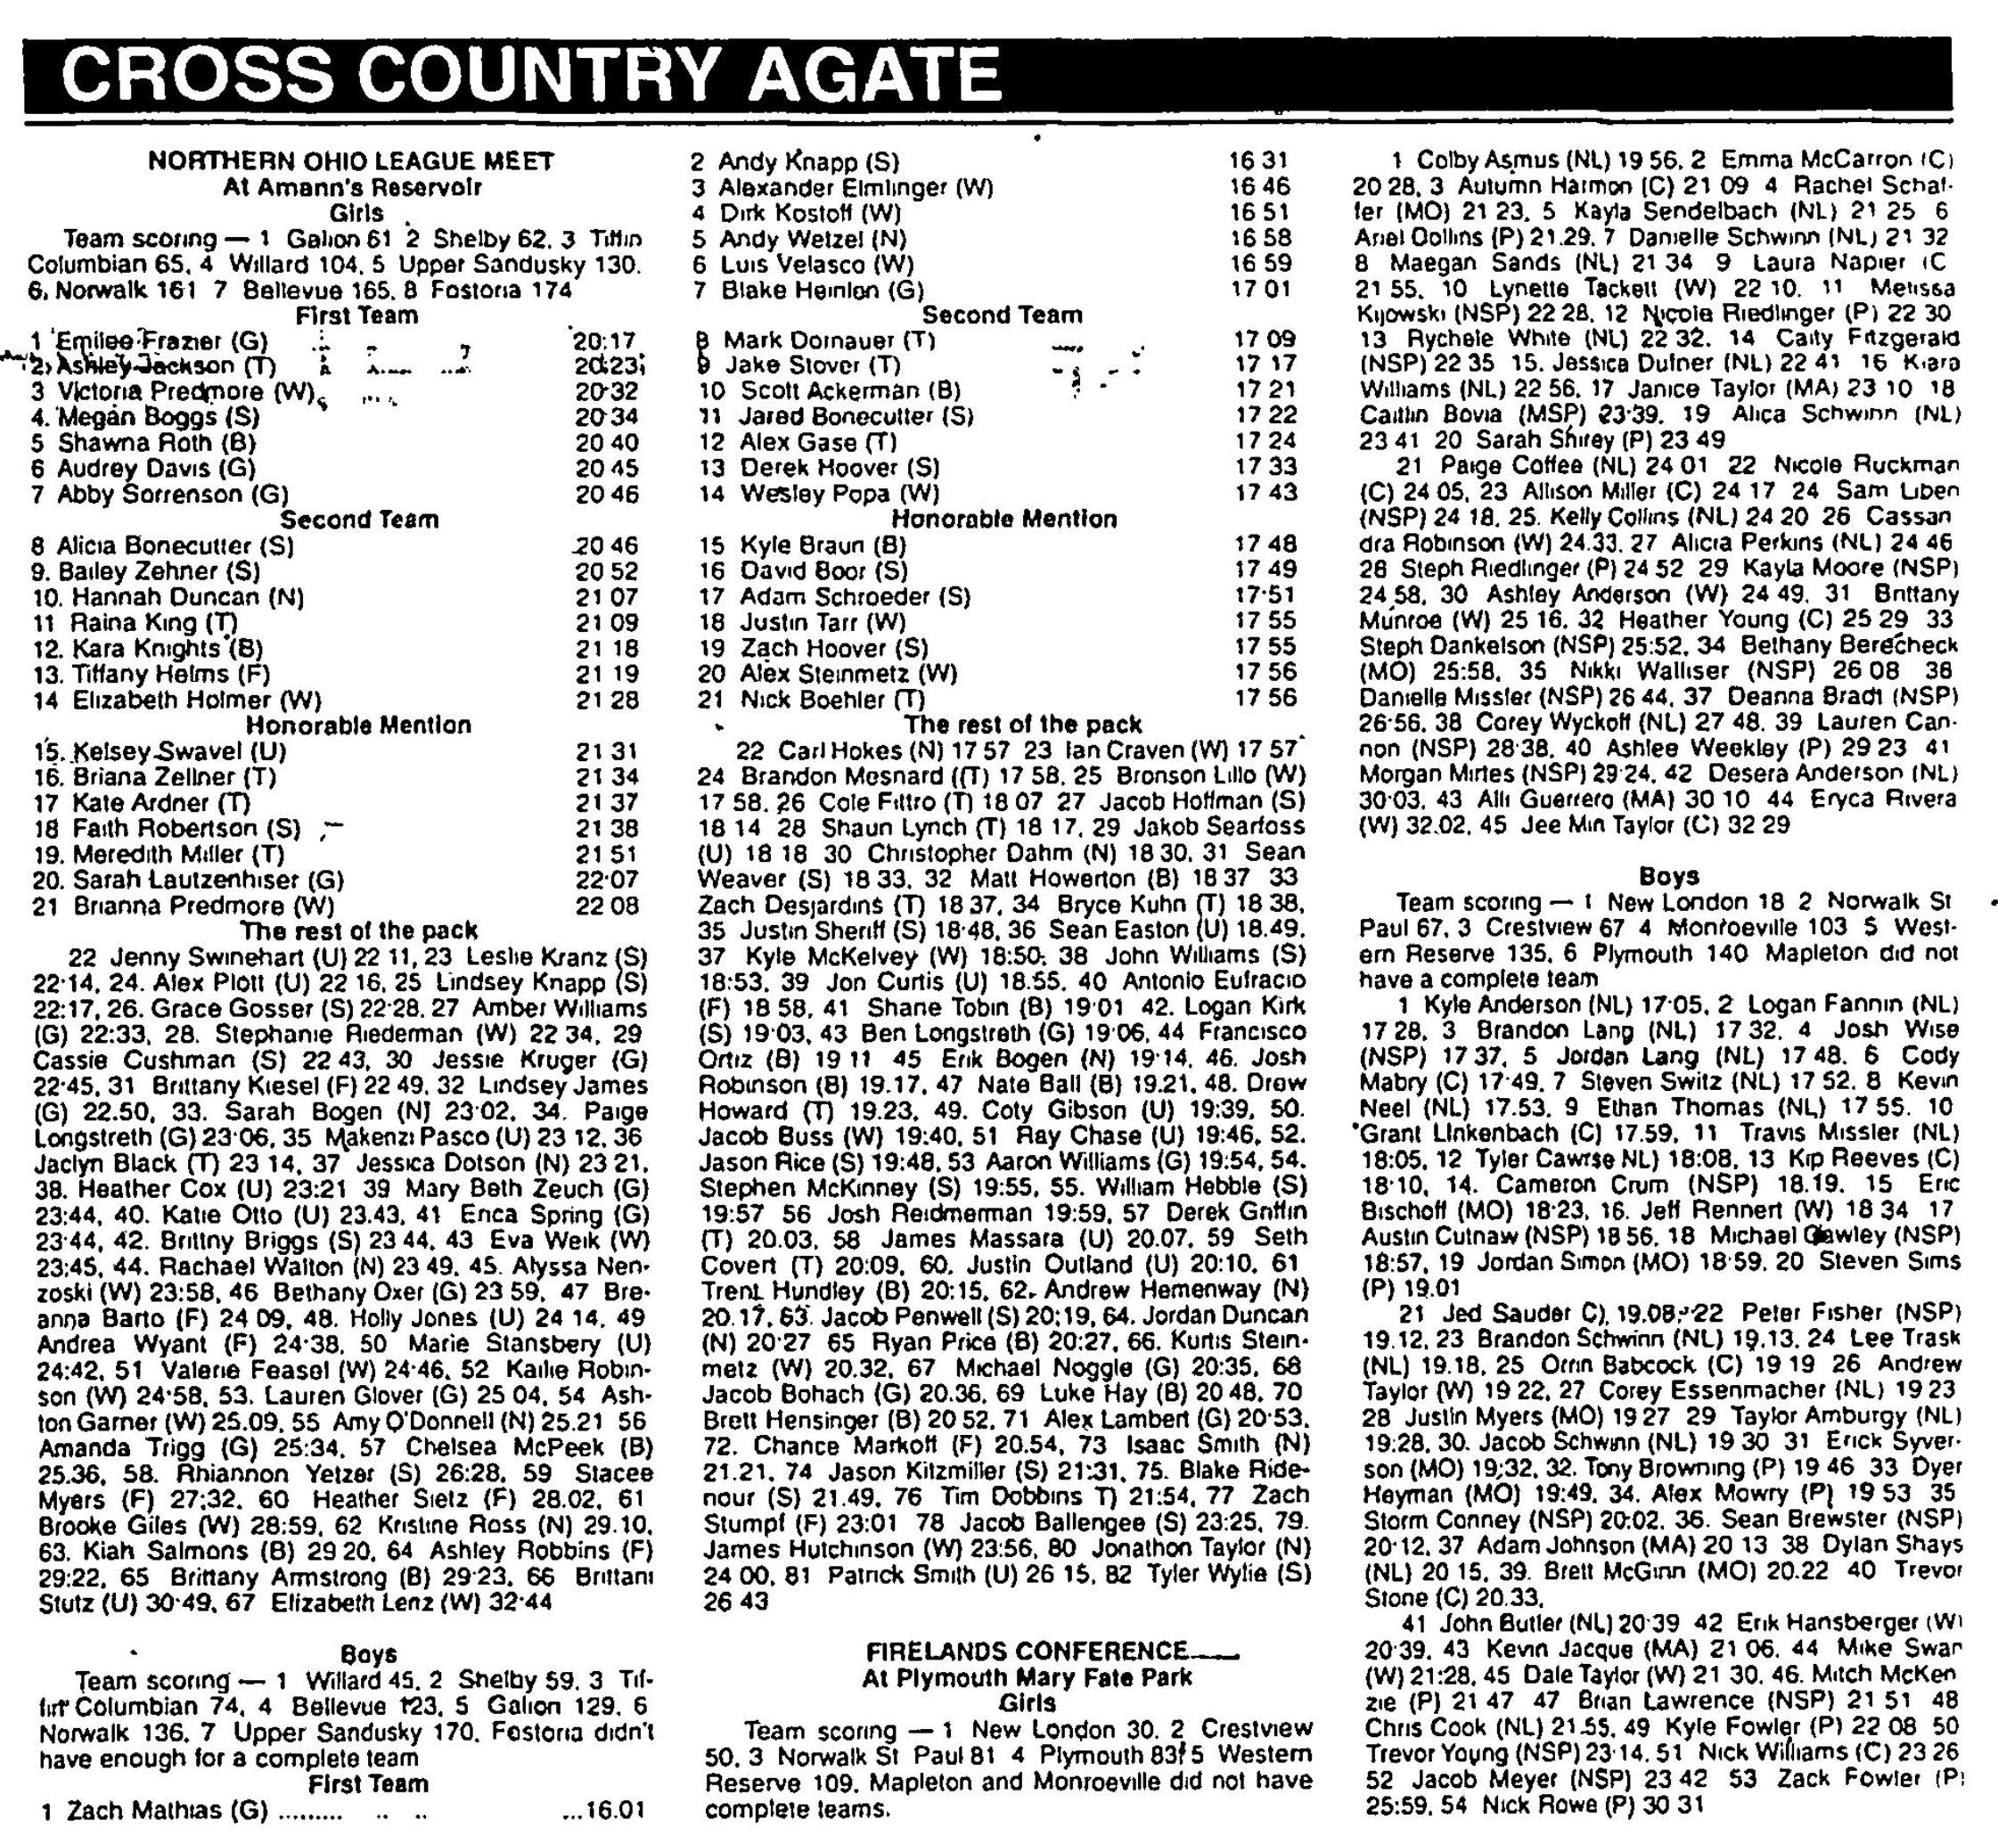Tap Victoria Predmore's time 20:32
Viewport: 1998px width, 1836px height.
click(606, 391)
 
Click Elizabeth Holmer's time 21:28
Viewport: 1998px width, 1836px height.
click(606, 701)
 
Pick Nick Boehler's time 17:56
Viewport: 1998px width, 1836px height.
click(1265, 699)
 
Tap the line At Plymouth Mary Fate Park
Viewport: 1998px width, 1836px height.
click(1027, 1677)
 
